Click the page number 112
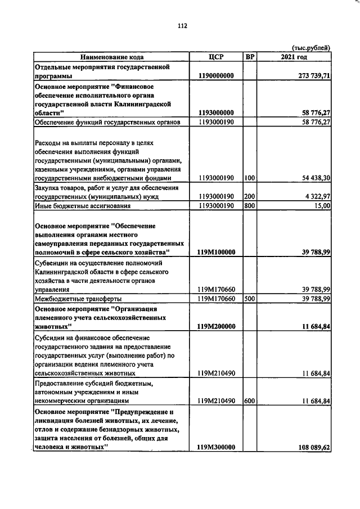pos(182,25)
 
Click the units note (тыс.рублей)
pos(310,48)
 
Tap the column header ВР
pos(251,57)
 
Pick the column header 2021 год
pos(294,57)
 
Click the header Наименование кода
pos(112,57)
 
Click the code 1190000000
pos(216,76)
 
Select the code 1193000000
pos(216,112)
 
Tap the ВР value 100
pos(250,178)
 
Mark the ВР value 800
pos(250,206)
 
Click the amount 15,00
pos(321,206)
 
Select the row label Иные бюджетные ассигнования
pos(82,206)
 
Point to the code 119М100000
pos(216,253)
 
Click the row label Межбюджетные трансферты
pos(78,299)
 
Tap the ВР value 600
pos(250,401)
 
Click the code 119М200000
pos(216,326)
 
